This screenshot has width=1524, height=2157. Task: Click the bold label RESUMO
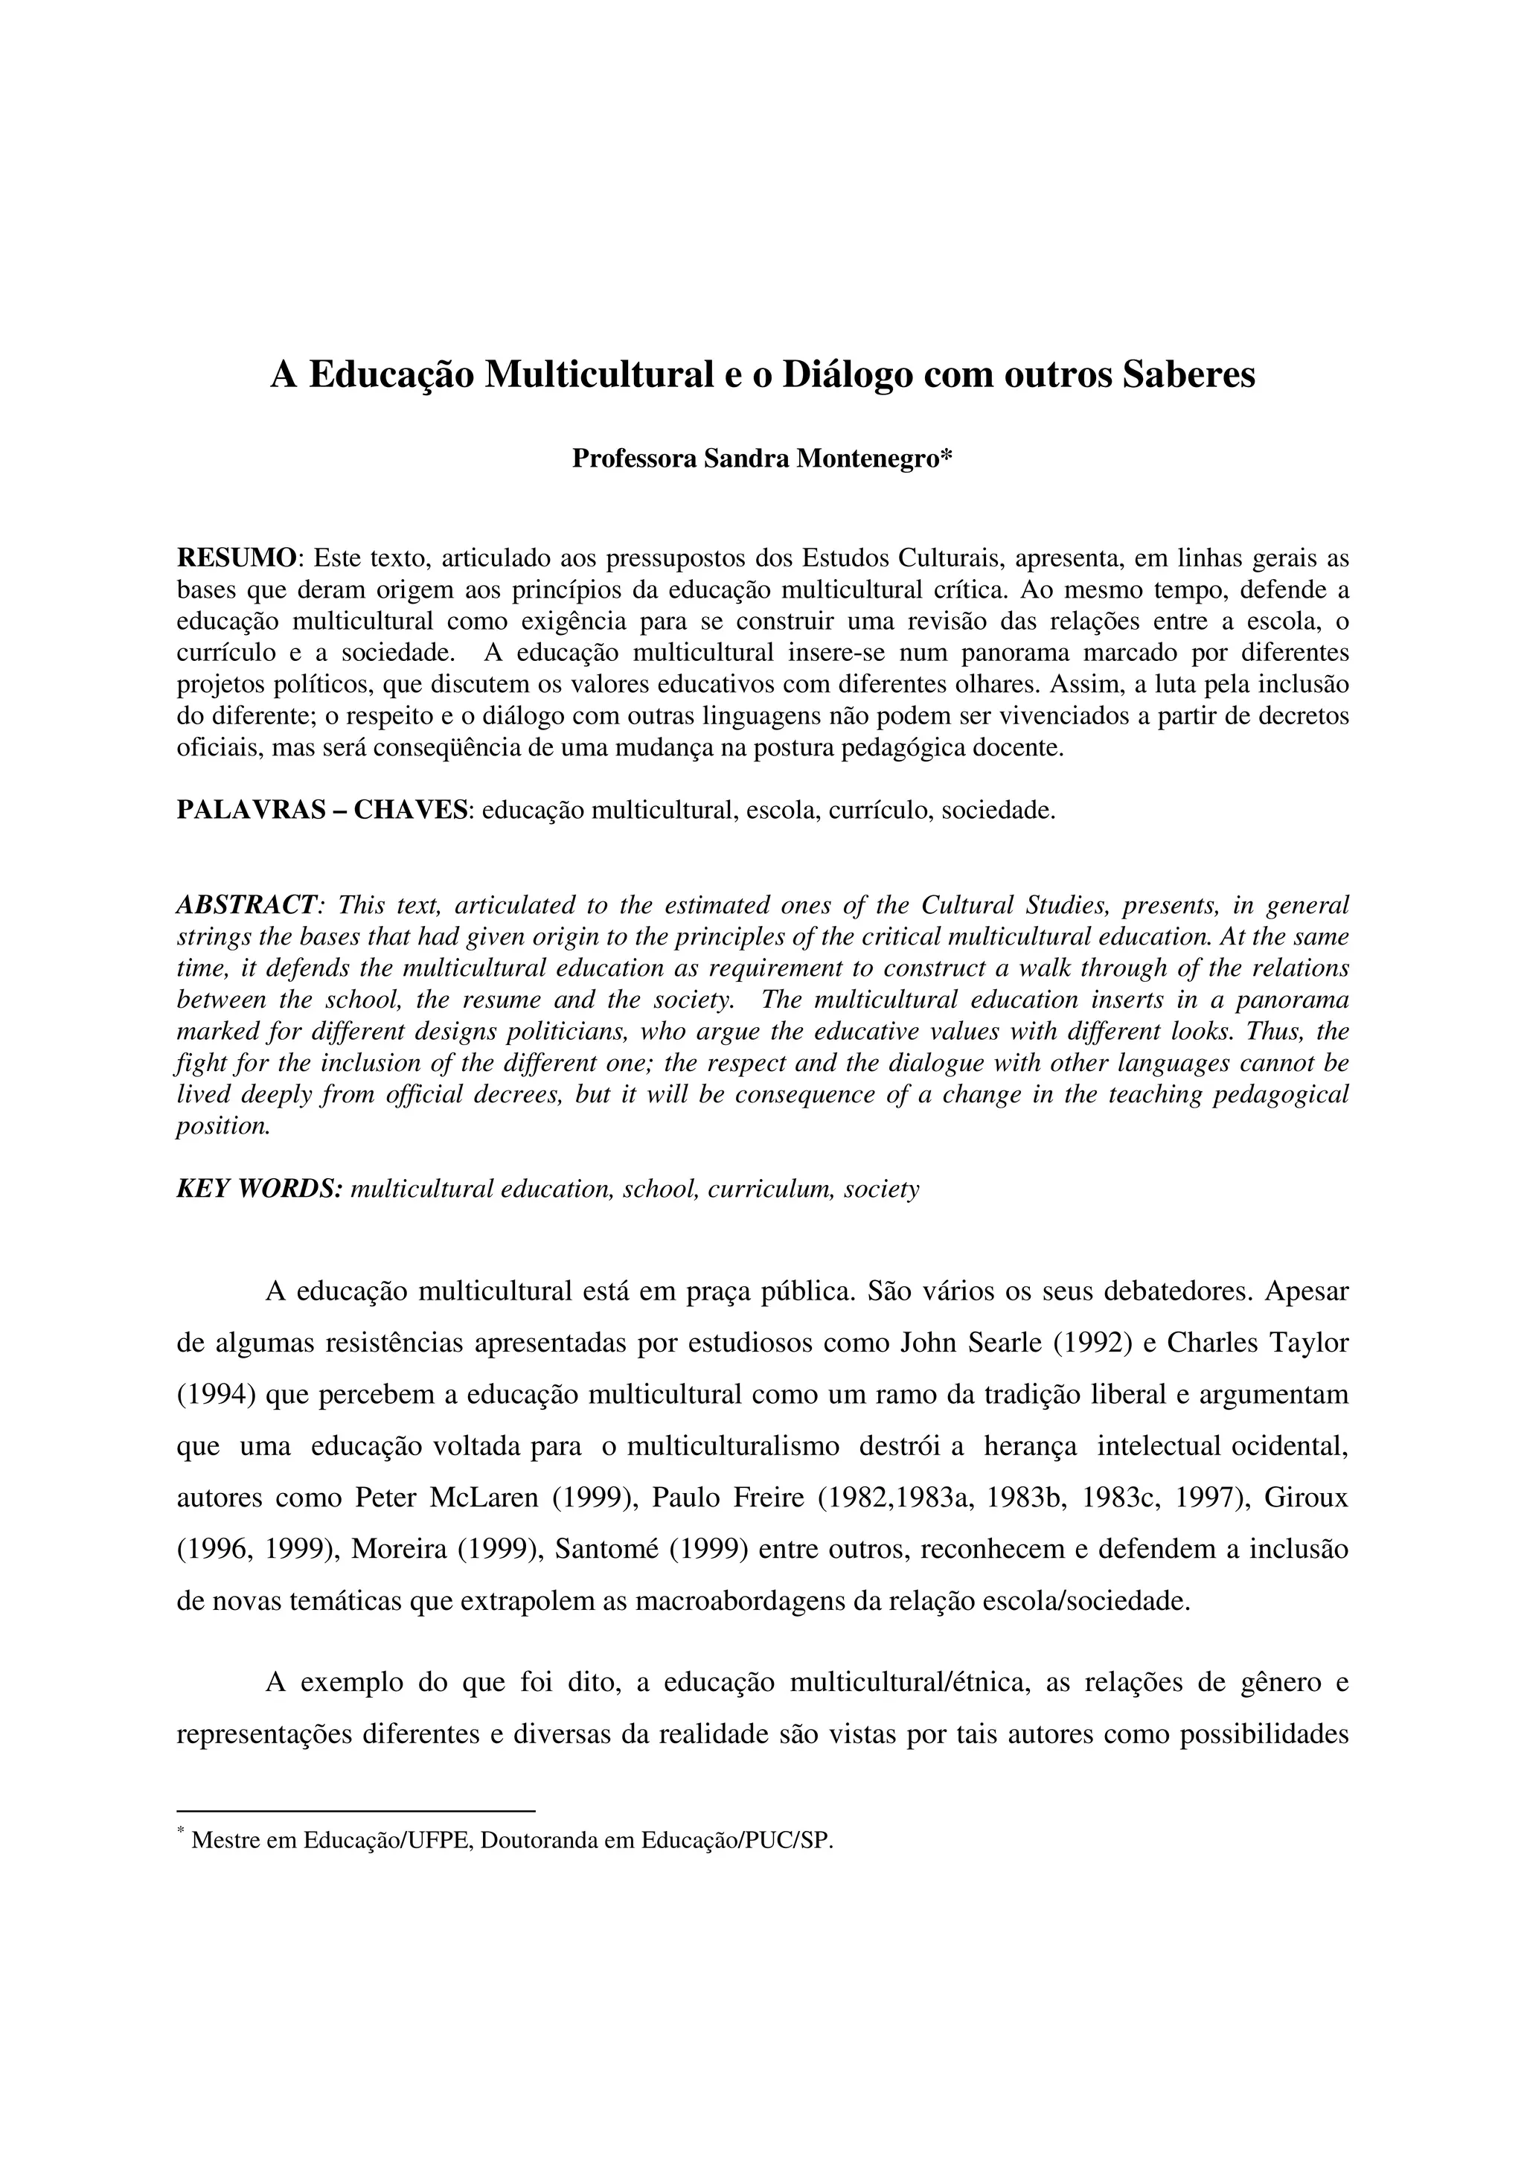pyautogui.click(x=237, y=559)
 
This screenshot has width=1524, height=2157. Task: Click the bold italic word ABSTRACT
pyautogui.click(x=246, y=904)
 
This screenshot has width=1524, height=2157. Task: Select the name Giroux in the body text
pyautogui.click(x=1306, y=1498)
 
